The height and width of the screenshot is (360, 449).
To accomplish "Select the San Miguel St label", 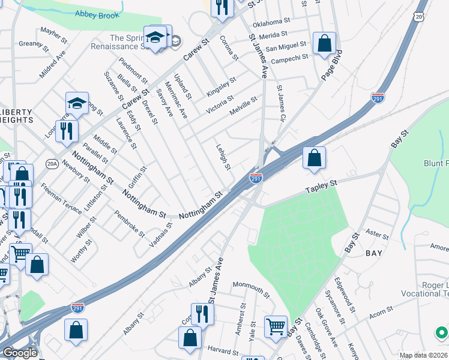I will coord(286,46).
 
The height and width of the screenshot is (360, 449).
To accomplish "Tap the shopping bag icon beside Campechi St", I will coord(324,44).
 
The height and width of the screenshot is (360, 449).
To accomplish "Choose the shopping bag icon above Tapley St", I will coord(314,158).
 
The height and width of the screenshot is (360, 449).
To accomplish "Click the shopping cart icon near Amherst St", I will coord(276,326).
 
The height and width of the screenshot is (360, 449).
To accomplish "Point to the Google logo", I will coord(19,353).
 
